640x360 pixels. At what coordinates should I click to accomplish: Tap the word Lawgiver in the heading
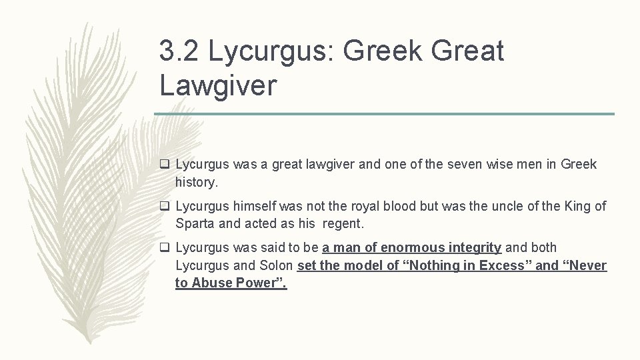[217, 85]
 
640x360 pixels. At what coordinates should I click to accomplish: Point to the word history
[197, 181]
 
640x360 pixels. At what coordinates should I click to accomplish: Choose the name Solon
[274, 265]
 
